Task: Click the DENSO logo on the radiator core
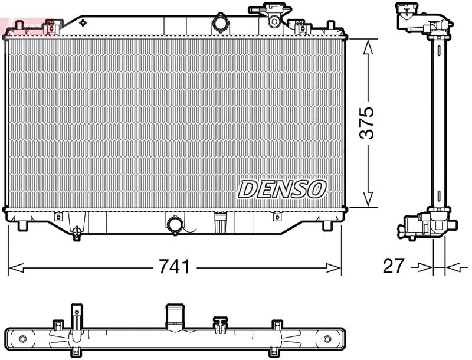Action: pyautogui.click(x=282, y=189)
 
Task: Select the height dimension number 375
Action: pyautogui.click(x=367, y=123)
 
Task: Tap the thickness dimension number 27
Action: pyautogui.click(x=394, y=267)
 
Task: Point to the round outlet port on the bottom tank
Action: pyautogui.click(x=175, y=224)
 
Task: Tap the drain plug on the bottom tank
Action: pyautogui.click(x=77, y=233)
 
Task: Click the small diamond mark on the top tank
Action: pyautogui.click(x=83, y=23)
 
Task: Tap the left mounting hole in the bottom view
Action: pyautogui.click(x=23, y=339)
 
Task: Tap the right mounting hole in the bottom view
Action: pyautogui.click(x=327, y=339)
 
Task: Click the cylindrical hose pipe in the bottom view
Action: pyautogui.click(x=175, y=319)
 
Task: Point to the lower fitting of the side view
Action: pyautogui.click(x=425, y=225)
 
